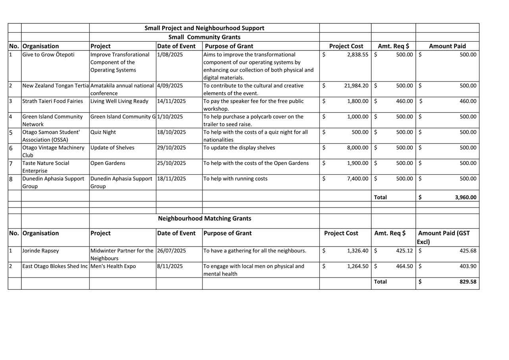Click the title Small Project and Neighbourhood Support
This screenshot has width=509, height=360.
pyautogui.click(x=204, y=28)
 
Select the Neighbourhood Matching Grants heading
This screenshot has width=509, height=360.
pyautogui.click(x=204, y=219)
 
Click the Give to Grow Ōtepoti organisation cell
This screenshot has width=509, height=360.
pyautogui.click(x=48, y=55)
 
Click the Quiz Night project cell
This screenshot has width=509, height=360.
pyautogui.click(x=103, y=132)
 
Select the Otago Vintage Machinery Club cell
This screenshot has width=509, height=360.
pyautogui.click(x=54, y=151)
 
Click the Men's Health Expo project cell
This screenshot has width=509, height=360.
pyautogui.click(x=113, y=266)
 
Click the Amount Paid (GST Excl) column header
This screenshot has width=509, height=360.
pyautogui.click(x=444, y=237)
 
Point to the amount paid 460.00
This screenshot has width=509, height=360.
pyautogui.click(x=468, y=101)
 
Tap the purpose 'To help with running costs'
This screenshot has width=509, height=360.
pyautogui.click(x=235, y=179)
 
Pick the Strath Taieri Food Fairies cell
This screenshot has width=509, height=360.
pyautogui.click(x=53, y=101)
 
